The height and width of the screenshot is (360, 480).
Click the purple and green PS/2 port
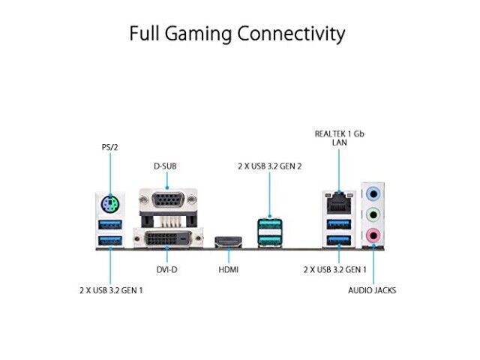pyautogui.click(x=110, y=203)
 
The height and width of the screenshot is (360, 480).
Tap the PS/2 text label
pyautogui.click(x=110, y=147)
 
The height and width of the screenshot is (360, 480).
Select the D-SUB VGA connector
pyautogui.click(x=168, y=200)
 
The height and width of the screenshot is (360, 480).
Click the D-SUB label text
pyautogui.click(x=165, y=166)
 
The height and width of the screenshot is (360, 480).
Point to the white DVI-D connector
pyautogui.click(x=168, y=238)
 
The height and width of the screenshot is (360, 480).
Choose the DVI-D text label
pyautogui.click(x=166, y=270)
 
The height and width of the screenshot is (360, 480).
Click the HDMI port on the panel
pyautogui.click(x=228, y=241)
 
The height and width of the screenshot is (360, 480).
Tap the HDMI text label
pyautogui.click(x=228, y=270)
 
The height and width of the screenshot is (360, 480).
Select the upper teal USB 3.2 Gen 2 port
pyautogui.click(x=270, y=224)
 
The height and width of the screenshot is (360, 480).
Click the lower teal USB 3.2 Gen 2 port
pyautogui.click(x=270, y=240)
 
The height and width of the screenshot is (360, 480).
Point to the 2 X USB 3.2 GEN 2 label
pyautogui.click(x=270, y=166)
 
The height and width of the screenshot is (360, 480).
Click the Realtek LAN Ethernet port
pyautogui.click(x=339, y=203)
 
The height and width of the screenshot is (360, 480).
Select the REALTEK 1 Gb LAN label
pyautogui.click(x=340, y=138)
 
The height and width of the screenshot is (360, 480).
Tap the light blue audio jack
pyautogui.click(x=373, y=193)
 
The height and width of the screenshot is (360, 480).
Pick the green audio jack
pyautogui.click(x=373, y=214)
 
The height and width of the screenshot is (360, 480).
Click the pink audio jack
pyautogui.click(x=373, y=235)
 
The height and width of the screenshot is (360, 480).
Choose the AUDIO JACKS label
pyautogui.click(x=372, y=290)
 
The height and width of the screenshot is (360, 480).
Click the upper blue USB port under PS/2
pyautogui.click(x=110, y=224)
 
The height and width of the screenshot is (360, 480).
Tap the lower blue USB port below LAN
pyautogui.click(x=339, y=241)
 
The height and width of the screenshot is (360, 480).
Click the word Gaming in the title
pyautogui.click(x=198, y=34)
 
